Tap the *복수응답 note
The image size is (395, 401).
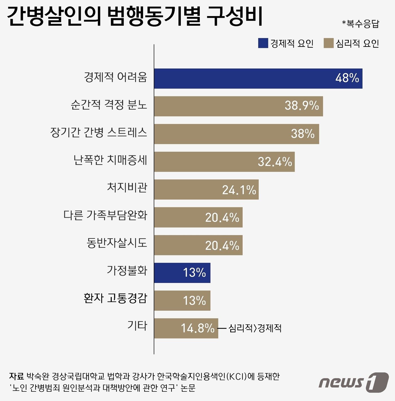pos(360,24)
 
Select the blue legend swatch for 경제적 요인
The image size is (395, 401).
pos(263,43)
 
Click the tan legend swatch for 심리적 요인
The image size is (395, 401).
pos(328,43)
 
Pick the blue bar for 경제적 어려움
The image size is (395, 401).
pos(258,78)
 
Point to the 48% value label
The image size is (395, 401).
pos(347,78)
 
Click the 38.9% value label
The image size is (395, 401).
pos(302,106)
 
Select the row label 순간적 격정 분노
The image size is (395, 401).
pos(109,105)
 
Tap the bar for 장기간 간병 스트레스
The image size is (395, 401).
pos(236,134)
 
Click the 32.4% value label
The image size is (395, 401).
pos(275,162)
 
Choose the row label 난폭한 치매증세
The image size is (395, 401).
pos(110,160)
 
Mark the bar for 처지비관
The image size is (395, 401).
pos(206,190)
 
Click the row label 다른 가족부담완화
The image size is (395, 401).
pos(105,215)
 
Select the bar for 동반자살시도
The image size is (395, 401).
pos(198,245)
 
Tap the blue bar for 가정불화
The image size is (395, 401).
pos(182,272)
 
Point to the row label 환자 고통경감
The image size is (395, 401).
pos(115,298)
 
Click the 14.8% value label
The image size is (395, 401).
pos(197,328)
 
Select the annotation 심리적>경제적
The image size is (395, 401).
pos(255,328)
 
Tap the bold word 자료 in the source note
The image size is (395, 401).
pos(16,376)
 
